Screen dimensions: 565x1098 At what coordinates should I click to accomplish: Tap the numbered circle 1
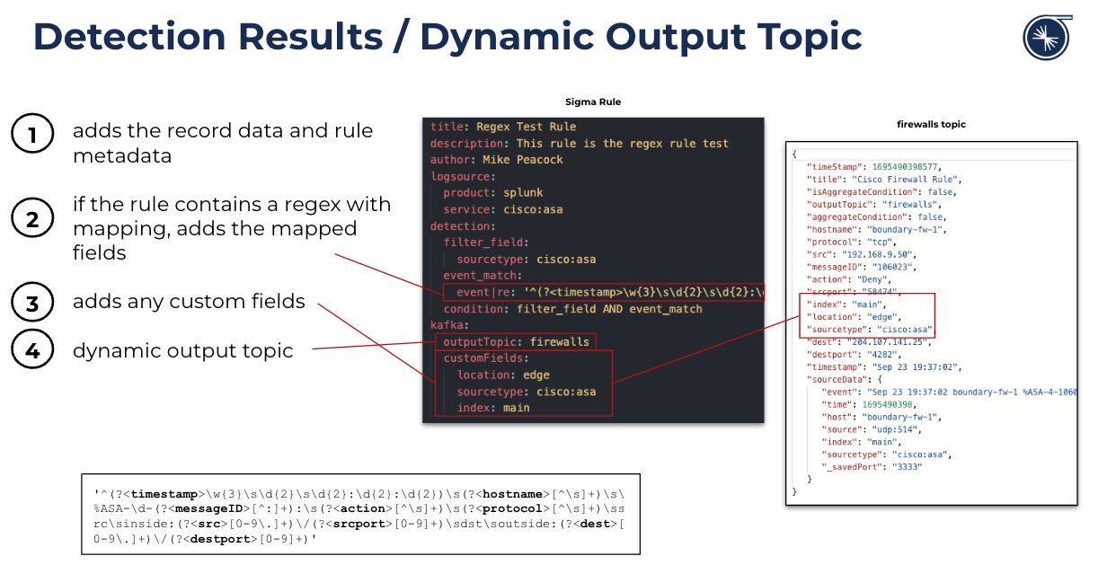coord(32,137)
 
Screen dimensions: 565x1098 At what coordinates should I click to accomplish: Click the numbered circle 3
coord(32,304)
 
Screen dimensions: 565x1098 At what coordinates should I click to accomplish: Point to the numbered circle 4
coord(32,350)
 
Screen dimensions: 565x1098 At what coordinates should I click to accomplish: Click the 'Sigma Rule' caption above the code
coord(592,102)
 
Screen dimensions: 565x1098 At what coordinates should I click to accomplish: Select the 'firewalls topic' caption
coord(931,124)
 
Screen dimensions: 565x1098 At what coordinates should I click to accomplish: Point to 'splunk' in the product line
coord(523,192)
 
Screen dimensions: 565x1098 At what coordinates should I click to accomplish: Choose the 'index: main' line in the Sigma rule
coord(493,408)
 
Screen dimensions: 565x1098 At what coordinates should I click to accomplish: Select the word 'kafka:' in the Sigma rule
coord(450,325)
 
